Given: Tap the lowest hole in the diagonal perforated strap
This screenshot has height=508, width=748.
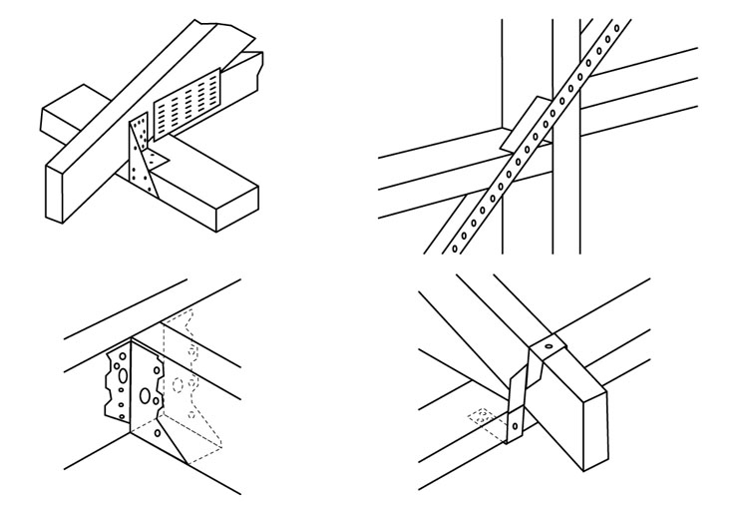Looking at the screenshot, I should pyautogui.click(x=456, y=244).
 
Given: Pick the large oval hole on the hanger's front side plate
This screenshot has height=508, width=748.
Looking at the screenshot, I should pyautogui.click(x=146, y=396).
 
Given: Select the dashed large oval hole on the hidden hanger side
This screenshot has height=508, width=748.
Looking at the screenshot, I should pyautogui.click(x=180, y=384).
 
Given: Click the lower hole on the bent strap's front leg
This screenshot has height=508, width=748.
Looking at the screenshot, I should pyautogui.click(x=515, y=428).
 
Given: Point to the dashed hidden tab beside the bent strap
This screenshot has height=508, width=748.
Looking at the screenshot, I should pyautogui.click(x=481, y=416).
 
